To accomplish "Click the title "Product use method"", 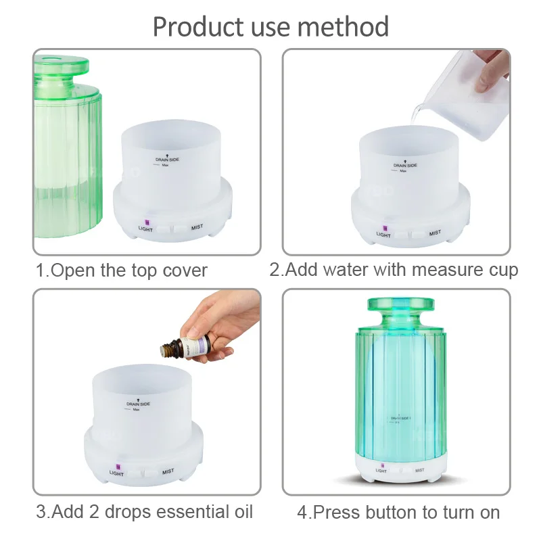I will pos(270,27).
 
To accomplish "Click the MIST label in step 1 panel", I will pos(198,228).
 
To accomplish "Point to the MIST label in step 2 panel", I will pos(435,233).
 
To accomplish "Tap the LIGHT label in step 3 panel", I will pos(116,473).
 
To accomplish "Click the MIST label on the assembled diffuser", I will pos(419,470).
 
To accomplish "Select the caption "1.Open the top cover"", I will pos(122,270).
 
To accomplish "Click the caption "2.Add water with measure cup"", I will pos(394,270).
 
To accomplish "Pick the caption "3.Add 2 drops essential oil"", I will pos(145,512).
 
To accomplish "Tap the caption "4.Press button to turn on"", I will pos(398,512).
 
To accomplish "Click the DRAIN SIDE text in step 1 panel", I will pos(166,160).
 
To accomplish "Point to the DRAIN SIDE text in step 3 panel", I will pos(138,404).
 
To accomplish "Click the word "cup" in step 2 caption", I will pos(502,270).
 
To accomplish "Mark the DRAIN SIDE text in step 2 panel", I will pos(405,165).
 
